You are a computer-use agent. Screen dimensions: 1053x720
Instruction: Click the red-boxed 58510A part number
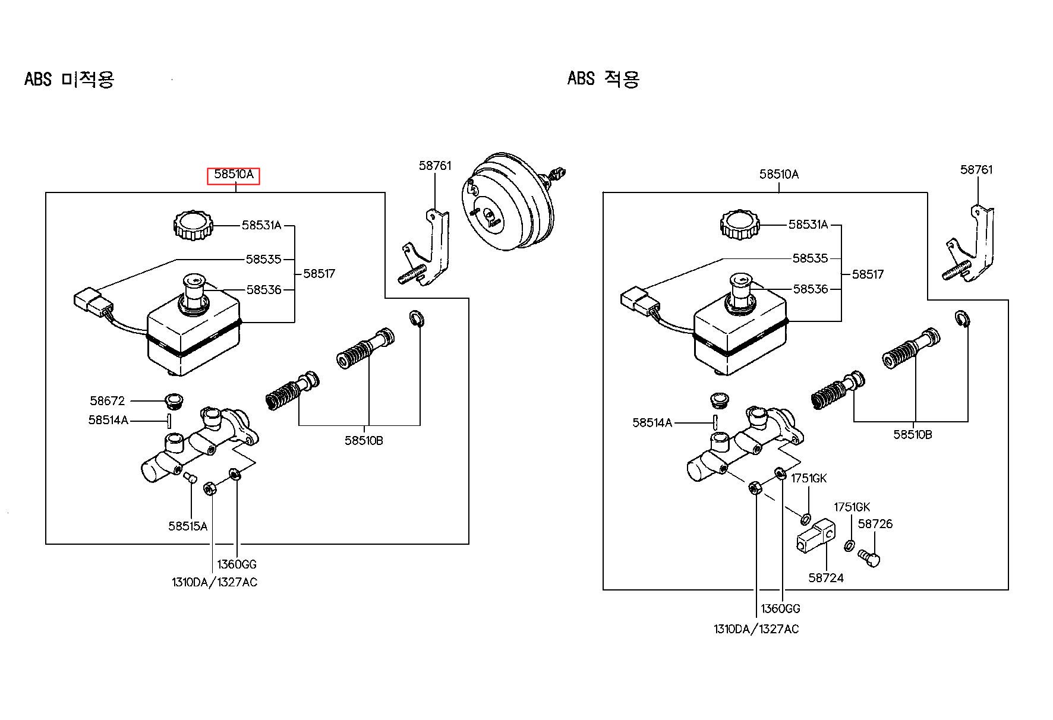[234, 175]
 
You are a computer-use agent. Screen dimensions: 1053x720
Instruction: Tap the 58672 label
[108, 401]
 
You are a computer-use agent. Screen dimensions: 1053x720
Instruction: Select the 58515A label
[188, 526]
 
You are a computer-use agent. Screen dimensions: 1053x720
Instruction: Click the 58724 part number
[826, 577]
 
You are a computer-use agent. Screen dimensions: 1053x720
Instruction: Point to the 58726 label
[875, 524]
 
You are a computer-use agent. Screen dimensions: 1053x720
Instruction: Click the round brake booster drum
[508, 202]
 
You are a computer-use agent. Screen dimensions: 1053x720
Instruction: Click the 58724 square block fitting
[815, 538]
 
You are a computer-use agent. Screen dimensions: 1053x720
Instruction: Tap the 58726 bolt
[869, 558]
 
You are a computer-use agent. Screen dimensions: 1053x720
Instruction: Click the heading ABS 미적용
[69, 78]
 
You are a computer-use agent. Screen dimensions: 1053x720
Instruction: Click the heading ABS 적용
[604, 78]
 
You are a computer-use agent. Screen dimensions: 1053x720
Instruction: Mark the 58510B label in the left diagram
[364, 441]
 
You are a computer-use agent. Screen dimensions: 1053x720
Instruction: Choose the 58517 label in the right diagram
[868, 274]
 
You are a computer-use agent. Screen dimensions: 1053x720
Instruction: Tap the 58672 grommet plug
[174, 401]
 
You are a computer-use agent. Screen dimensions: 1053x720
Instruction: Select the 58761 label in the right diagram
[976, 170]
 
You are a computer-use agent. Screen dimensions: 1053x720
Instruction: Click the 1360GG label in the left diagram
[237, 564]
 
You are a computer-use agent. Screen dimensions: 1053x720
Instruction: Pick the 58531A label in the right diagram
[808, 225]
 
